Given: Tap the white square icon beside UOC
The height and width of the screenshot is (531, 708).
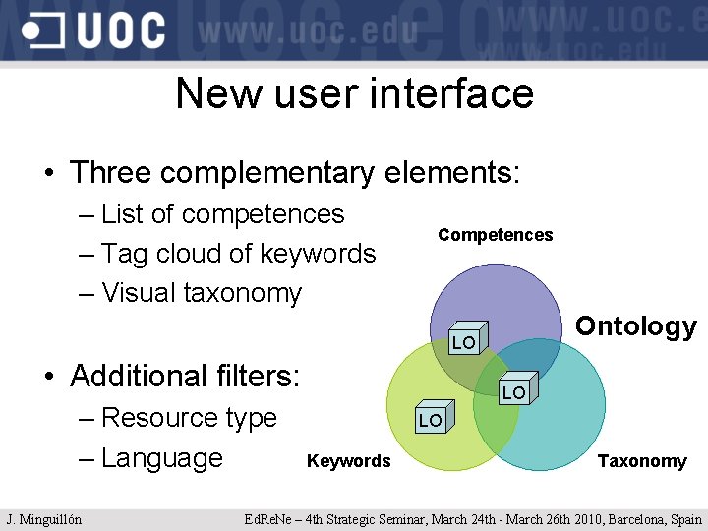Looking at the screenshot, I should [45, 30].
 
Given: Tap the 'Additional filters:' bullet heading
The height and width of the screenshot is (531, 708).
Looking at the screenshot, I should [185, 376].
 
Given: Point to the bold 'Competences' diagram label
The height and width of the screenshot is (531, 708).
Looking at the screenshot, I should [496, 235].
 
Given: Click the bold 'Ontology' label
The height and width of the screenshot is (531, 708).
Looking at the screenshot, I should [635, 326].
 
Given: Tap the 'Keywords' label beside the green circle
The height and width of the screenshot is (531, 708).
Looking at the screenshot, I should [348, 461].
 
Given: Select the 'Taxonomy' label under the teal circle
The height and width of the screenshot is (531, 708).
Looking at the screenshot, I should [642, 461].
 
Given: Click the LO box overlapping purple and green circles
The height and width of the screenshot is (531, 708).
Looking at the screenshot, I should [464, 340].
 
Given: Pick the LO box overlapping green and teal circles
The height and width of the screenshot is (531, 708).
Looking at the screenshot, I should [515, 389].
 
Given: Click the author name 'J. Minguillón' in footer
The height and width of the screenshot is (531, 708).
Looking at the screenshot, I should [44, 519].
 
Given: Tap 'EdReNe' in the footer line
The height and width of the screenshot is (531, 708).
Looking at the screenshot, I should [267, 519].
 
